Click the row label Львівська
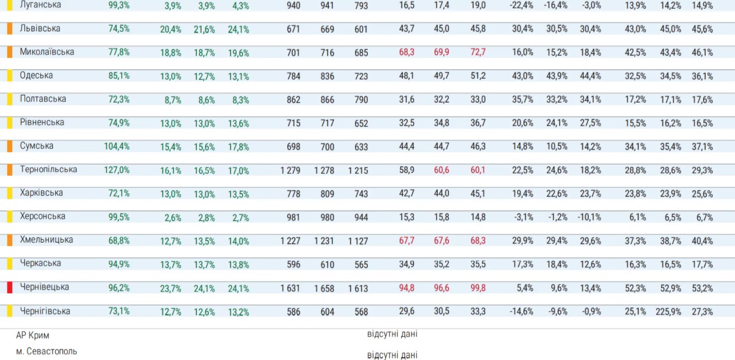pyautogui.click(x=40, y=29)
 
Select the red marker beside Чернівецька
pyautogui.click(x=9, y=287)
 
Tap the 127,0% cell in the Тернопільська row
pyautogui.click(x=117, y=170)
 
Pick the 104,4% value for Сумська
pyautogui.click(x=117, y=147)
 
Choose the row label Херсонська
pyautogui.click(x=42, y=217)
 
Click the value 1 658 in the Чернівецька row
pyautogui.click(x=324, y=288)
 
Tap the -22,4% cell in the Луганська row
pyautogui.click(x=522, y=6)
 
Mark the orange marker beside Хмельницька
pyautogui.click(x=9, y=240)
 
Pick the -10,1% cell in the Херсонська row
pyautogui.click(x=589, y=217)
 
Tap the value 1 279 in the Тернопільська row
pyautogui.click(x=290, y=170)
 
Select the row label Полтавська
pyautogui.click(x=43, y=99)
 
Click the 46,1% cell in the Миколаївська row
pyautogui.click(x=702, y=52)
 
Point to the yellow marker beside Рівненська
pyautogui.click(x=9, y=123)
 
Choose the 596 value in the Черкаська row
pyautogui.click(x=293, y=265)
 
